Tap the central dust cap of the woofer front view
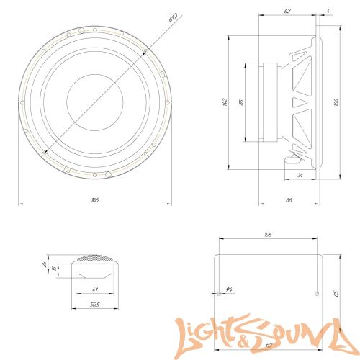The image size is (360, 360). [x=94, y=102]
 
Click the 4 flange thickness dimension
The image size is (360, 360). [x=328, y=11]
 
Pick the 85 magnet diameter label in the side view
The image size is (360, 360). [x=242, y=102]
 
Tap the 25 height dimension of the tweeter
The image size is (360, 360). [x=45, y=266]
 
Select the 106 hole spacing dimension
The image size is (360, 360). [x=268, y=234]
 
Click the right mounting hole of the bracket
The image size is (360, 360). [x=318, y=294]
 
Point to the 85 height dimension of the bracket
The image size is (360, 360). [x=336, y=294]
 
